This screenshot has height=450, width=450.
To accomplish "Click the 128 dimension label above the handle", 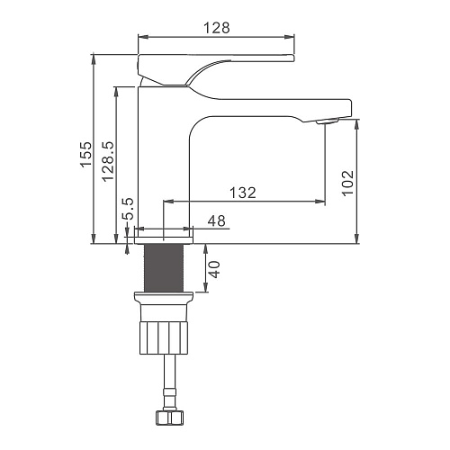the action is click(x=217, y=28).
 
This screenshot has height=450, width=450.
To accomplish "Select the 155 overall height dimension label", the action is click(x=85, y=154).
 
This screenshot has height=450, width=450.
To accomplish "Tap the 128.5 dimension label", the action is click(x=108, y=161).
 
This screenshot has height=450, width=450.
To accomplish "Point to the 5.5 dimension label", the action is click(x=129, y=209).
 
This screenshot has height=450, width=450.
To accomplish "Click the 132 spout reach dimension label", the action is click(x=243, y=193).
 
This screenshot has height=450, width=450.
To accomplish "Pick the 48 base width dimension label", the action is click(x=217, y=221).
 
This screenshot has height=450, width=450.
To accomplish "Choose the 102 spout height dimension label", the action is click(x=348, y=183).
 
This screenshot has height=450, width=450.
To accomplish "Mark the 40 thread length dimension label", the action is click(x=214, y=269).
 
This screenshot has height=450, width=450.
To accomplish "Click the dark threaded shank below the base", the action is click(x=164, y=267).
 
